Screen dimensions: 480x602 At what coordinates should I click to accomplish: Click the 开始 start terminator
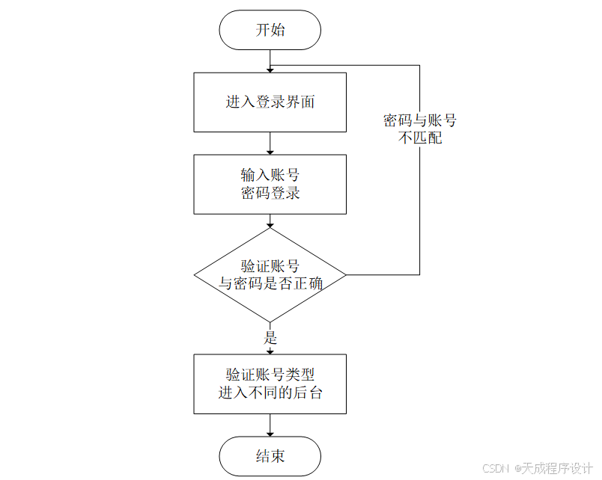click(270, 31)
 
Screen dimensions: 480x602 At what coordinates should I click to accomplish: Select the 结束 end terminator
click(270, 456)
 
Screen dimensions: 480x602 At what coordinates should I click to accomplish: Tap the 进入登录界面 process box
click(270, 102)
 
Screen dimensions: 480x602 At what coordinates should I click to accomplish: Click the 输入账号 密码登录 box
click(270, 184)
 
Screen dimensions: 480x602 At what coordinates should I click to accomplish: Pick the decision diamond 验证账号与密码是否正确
click(270, 274)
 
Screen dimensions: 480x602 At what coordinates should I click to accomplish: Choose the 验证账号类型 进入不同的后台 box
click(270, 384)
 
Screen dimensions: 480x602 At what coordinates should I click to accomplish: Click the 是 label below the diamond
click(270, 338)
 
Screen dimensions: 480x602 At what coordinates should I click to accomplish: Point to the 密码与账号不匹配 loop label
click(419, 129)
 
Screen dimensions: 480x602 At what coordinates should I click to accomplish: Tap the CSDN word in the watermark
click(496, 468)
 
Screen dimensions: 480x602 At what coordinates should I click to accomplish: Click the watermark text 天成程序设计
click(557, 468)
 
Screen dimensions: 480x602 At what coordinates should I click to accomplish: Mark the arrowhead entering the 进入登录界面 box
click(270, 69)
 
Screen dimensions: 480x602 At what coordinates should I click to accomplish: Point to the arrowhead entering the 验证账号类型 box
click(270, 350)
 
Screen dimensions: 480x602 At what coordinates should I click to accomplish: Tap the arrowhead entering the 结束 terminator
click(270, 433)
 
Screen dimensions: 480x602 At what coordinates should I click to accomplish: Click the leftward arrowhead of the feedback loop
click(275, 65)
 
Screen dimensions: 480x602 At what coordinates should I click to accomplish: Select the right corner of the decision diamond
click(345, 274)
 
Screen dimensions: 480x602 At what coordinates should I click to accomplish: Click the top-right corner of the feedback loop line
click(419, 65)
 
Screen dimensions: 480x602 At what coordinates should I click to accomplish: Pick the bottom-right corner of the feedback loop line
click(419, 274)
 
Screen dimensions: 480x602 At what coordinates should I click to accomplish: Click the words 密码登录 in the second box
click(270, 193)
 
